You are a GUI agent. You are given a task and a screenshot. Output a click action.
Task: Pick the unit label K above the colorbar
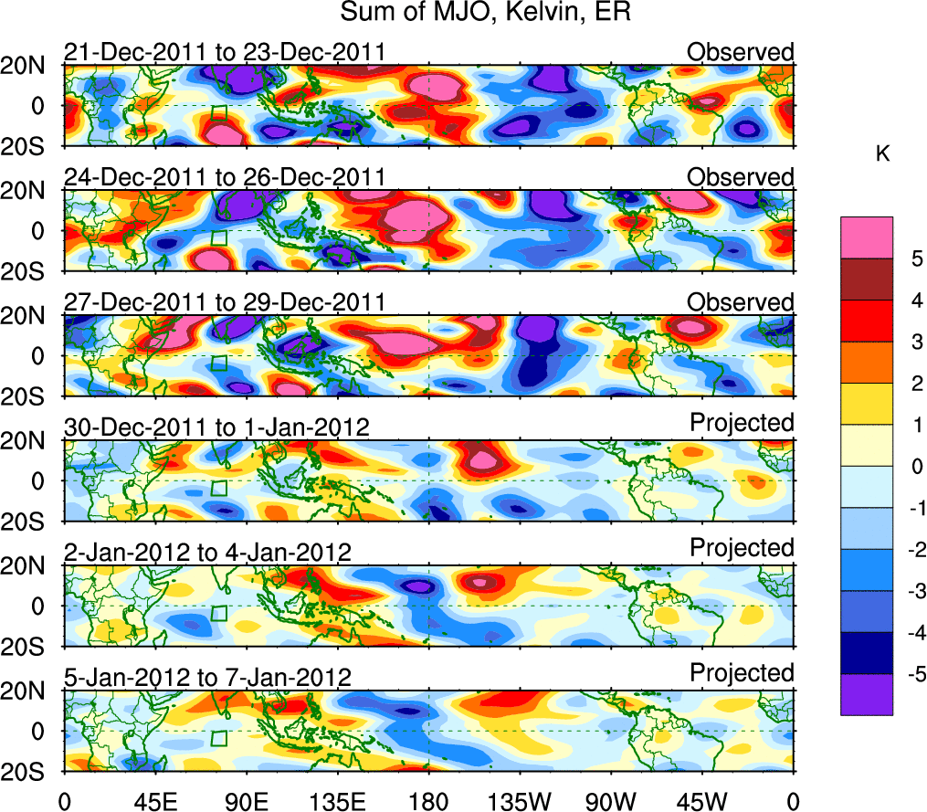coord(883,154)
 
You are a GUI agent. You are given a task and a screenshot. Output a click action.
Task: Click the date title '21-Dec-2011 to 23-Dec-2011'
coord(224,52)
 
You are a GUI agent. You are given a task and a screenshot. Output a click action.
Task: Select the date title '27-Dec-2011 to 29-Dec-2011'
coord(224,302)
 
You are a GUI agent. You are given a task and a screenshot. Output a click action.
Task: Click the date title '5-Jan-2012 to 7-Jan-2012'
coord(207,678)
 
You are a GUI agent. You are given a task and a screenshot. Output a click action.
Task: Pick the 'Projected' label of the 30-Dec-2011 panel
coord(742,423)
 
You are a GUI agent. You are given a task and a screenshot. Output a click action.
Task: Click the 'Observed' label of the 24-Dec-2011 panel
coord(740,176)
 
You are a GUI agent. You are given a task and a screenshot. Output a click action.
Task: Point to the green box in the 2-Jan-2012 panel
coord(218,614)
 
